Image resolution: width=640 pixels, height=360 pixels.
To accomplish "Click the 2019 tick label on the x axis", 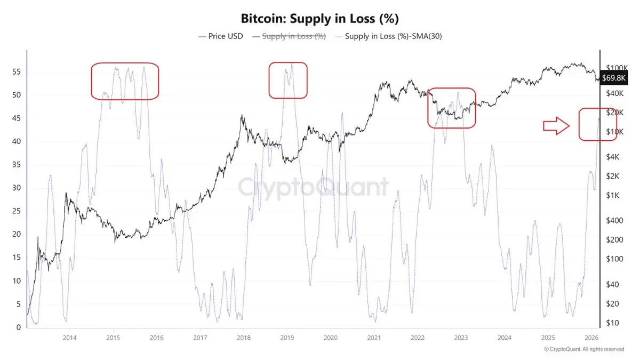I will click(x=287, y=337).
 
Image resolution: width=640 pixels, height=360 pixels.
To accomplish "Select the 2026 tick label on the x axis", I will click(x=590, y=337).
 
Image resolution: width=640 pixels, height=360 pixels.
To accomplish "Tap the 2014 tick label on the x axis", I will click(x=69, y=337).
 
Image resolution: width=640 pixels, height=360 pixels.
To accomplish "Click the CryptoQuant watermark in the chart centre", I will click(x=313, y=188).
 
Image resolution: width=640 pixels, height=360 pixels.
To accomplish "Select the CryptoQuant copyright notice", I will click(x=583, y=349).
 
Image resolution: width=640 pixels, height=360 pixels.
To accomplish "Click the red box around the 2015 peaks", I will click(x=125, y=81).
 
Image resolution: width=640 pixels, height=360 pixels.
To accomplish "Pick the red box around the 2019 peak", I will click(x=288, y=80).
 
